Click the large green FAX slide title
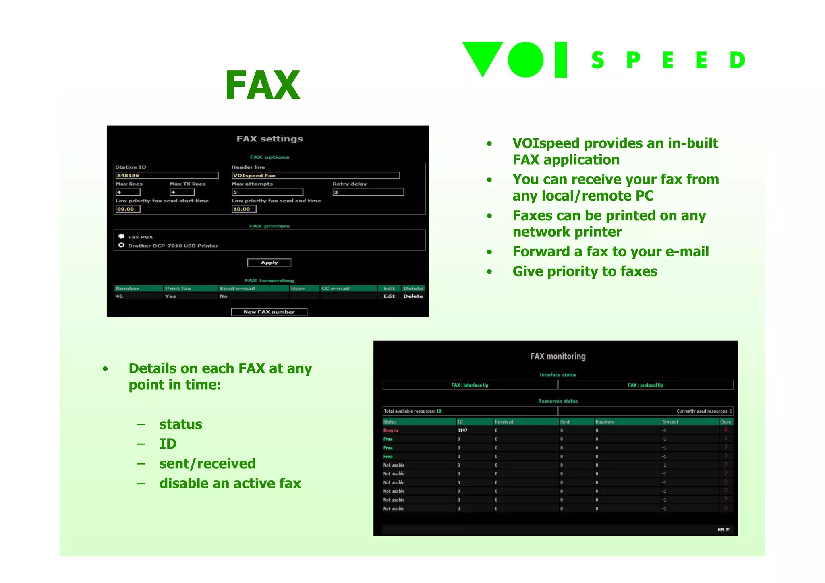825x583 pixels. point(263,85)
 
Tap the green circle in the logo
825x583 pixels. point(525,60)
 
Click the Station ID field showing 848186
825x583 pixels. point(167,176)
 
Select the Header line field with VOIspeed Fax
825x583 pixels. point(315,176)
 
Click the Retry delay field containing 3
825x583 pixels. point(368,192)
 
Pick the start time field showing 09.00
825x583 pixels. point(128,209)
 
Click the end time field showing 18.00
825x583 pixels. point(244,209)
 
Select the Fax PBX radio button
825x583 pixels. point(121,236)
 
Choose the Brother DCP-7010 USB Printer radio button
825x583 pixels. point(121,245)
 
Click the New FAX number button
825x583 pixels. point(269,312)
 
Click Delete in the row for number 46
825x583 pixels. point(413,296)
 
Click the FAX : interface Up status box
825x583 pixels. point(470,385)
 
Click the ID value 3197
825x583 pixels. point(462,430)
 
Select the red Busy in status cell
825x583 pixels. point(390,430)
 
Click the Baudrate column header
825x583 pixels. point(605,422)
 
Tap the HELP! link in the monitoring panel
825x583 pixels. point(723,530)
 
